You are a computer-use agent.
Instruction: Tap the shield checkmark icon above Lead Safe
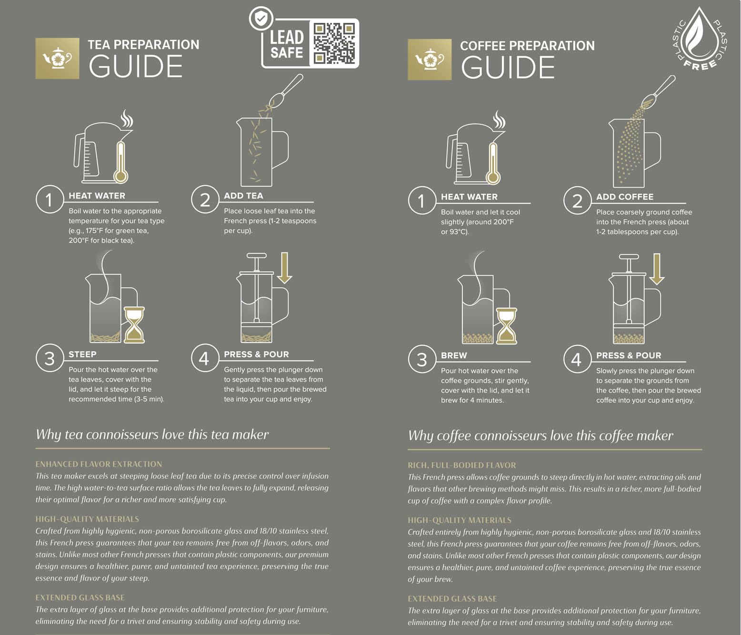click(261, 18)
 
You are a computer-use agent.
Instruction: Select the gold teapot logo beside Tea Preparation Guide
click(57, 59)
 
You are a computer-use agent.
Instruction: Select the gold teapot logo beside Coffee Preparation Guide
click(430, 60)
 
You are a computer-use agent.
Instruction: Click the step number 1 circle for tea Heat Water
click(50, 199)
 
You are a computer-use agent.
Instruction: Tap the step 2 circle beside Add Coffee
click(577, 201)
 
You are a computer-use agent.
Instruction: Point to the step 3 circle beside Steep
click(50, 358)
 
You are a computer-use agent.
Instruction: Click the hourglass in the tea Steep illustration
click(134, 325)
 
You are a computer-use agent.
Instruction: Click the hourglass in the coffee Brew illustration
click(507, 326)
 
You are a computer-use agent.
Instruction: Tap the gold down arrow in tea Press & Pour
click(285, 268)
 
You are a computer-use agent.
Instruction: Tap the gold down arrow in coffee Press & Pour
click(657, 269)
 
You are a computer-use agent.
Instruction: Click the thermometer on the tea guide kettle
click(121, 162)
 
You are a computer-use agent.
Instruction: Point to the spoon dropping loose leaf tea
click(286, 91)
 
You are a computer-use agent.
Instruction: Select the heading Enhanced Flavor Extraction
click(99, 464)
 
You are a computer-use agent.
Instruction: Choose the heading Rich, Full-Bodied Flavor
click(462, 465)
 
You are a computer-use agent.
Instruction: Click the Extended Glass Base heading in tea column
click(80, 597)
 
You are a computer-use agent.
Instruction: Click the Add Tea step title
click(243, 196)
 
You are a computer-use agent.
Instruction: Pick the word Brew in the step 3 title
click(454, 355)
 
